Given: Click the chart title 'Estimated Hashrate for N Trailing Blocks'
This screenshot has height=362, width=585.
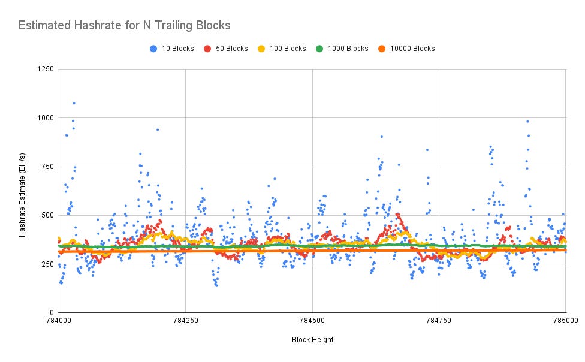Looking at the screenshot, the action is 124,25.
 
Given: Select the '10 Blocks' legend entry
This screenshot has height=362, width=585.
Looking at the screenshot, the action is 171,49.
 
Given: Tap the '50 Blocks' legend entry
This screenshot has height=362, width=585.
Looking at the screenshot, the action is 226,49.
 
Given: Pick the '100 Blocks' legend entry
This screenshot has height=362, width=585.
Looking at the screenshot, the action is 282,49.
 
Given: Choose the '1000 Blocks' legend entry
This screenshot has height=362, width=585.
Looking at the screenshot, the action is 342,49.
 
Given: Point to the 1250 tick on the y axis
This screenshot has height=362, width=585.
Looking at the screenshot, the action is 46,69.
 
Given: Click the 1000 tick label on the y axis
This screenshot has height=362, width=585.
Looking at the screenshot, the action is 46,118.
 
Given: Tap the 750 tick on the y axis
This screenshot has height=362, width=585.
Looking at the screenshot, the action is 47,167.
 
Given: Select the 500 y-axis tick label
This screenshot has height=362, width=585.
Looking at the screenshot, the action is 47,215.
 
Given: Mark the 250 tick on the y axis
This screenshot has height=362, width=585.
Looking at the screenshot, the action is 47,264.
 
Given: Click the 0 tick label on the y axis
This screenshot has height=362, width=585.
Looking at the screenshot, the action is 52,313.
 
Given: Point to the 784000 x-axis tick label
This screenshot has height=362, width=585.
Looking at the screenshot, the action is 59,321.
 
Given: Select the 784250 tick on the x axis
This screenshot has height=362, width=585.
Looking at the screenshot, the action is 185,321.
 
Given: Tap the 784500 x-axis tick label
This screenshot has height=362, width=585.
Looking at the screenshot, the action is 312,321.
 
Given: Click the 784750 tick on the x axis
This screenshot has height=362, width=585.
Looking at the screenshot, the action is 439,321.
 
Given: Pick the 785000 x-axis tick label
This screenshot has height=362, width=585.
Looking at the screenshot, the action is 566,321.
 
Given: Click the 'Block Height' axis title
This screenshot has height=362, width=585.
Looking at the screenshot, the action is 313,340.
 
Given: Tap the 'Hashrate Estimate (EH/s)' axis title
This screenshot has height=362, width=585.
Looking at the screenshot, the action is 22,195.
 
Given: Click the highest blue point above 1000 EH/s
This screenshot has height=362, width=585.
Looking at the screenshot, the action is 74,103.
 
